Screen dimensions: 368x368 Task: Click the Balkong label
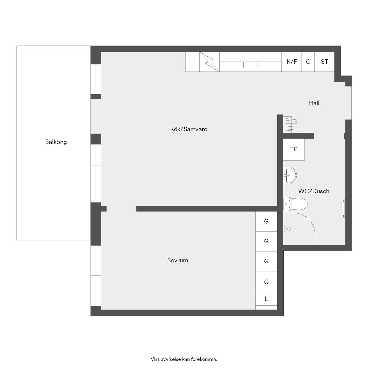tap(56, 142)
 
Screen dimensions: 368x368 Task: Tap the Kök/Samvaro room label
tap(189, 129)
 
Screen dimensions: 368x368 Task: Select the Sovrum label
tap(177, 261)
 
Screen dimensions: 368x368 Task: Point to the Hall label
tap(314, 103)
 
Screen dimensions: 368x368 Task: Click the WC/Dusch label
tap(314, 191)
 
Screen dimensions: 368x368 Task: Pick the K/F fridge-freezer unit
tap(291, 62)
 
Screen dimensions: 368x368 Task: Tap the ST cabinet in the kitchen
tap(324, 62)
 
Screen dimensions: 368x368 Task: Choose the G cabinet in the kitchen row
tap(308, 62)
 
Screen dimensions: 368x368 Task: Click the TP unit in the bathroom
tap(294, 149)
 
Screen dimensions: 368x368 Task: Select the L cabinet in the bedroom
tap(266, 299)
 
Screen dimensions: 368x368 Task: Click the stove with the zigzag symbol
tap(209, 62)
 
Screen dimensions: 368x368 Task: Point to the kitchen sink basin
tap(250, 65)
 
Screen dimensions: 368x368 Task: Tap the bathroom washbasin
tap(290, 175)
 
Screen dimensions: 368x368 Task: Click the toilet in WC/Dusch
tap(295, 204)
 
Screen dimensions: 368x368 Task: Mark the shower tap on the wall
tap(287, 229)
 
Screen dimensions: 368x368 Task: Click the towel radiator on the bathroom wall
tap(343, 209)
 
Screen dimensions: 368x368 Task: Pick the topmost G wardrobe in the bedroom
tap(266, 221)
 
